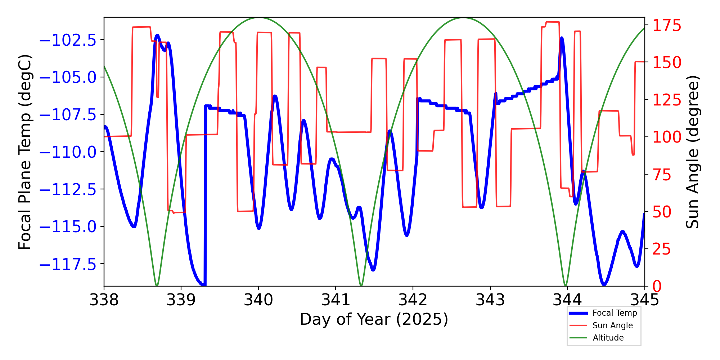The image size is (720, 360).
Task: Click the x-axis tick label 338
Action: pyautogui.click(x=104, y=300)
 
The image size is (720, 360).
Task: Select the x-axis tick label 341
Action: pyautogui.click(x=336, y=300)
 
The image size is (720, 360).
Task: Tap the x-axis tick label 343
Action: pyautogui.click(x=490, y=300)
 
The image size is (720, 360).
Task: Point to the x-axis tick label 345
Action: pyautogui.click(x=644, y=300)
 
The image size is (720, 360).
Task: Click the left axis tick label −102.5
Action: pyautogui.click(x=68, y=40)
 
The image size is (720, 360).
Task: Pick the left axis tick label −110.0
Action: pyautogui.click(x=68, y=152)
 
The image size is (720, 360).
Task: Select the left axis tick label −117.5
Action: pyautogui.click(x=68, y=265)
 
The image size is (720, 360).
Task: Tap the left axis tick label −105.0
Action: pyautogui.click(x=68, y=77)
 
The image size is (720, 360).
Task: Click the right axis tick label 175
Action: pyautogui.click(x=667, y=26)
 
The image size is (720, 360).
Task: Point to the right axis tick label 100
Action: pyautogui.click(x=667, y=137)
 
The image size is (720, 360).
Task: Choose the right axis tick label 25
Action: pyautogui.click(x=662, y=249)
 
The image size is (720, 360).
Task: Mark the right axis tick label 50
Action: pyautogui.click(x=662, y=212)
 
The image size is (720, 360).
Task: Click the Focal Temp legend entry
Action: pyautogui.click(x=615, y=313)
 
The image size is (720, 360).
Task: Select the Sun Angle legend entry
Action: pyautogui.click(x=612, y=325)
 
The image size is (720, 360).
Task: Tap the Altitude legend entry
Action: pyautogui.click(x=608, y=338)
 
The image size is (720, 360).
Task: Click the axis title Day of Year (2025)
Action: pyautogui.click(x=374, y=319)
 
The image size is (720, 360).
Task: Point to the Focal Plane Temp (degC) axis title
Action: pyautogui.click(x=25, y=152)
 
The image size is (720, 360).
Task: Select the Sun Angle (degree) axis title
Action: pyautogui.click(x=692, y=152)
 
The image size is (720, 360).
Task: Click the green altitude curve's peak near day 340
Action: pyautogui.click(x=258, y=18)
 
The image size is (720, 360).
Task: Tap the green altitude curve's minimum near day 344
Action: pyautogui.click(x=566, y=285)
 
